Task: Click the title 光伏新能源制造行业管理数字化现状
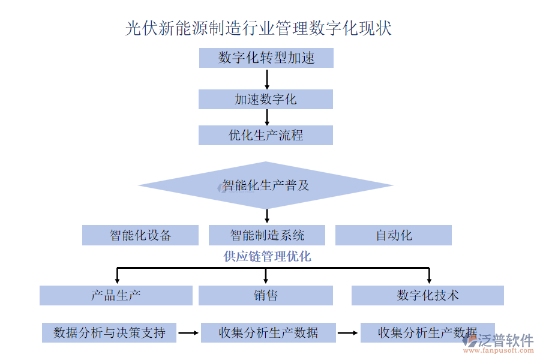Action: [259, 28]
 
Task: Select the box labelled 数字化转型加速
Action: [266, 58]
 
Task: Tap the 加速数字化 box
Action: [266, 100]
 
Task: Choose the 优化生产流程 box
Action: [266, 135]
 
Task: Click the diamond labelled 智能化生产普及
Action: [266, 185]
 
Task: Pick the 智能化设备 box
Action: [140, 235]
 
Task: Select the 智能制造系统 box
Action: [267, 235]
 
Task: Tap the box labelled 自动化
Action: [394, 235]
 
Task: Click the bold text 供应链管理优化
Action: [267, 257]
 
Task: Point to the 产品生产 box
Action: [116, 295]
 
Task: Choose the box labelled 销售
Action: [266, 295]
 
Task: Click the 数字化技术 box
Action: [428, 295]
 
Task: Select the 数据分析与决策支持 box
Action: [109, 332]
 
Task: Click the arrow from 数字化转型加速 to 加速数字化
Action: [267, 79]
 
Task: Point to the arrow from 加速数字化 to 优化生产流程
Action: [267, 117]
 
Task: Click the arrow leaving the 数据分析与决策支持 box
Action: [188, 332]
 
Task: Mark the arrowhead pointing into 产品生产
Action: [117, 279]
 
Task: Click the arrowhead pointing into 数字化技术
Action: [429, 279]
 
